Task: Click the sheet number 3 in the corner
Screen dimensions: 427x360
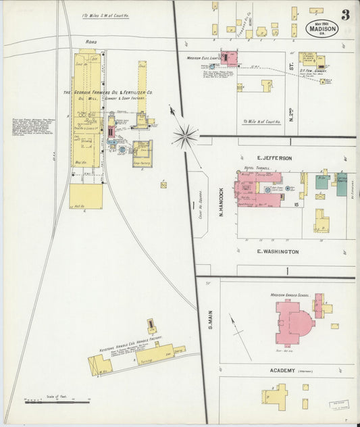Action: (345, 15)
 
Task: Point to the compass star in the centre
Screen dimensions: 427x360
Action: (184, 135)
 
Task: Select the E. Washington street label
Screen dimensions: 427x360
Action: (278, 251)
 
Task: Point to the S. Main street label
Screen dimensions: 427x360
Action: (208, 318)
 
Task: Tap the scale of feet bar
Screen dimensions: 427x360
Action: (57, 402)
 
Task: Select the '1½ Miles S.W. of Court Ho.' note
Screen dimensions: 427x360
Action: (107, 15)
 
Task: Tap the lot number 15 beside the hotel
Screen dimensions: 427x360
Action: (297, 203)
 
